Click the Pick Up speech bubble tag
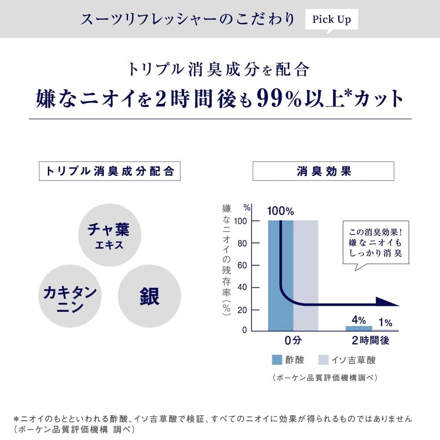tap(331, 20)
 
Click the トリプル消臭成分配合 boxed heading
tap(110, 171)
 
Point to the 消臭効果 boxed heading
tap(323, 171)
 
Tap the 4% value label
tap(359, 320)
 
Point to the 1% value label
tap(385, 323)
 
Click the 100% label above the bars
tap(280, 211)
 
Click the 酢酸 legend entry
tap(288, 360)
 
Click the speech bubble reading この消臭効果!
tap(376, 242)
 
